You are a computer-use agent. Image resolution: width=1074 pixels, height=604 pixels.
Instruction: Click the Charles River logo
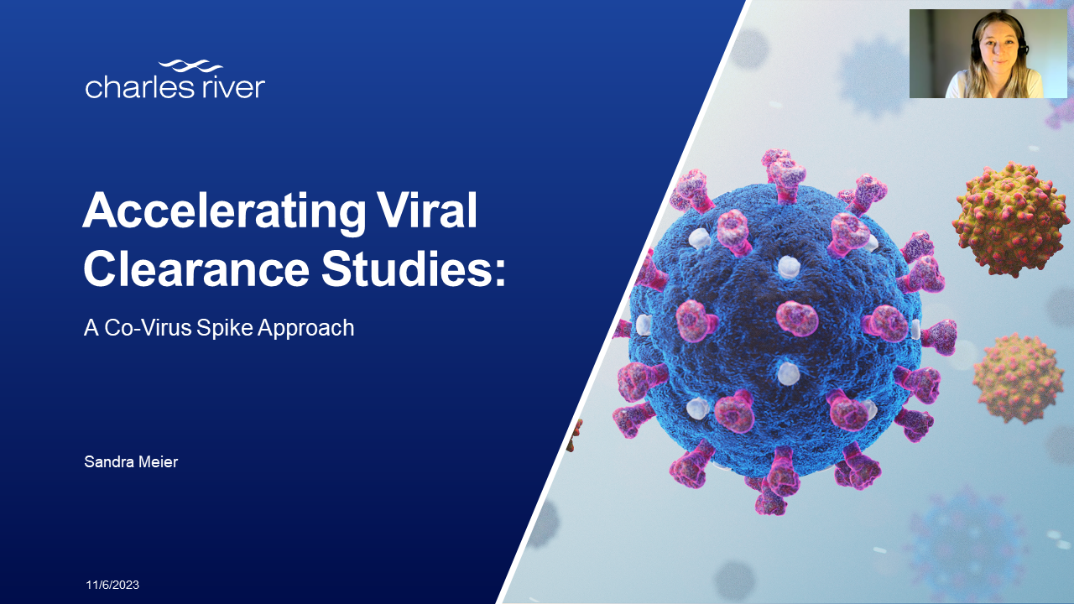[175, 80]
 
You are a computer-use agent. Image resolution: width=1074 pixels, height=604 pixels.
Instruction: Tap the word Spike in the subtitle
[224, 328]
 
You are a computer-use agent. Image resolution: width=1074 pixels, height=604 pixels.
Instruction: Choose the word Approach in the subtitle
[305, 328]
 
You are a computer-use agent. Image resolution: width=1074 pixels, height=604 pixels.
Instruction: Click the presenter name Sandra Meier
[131, 462]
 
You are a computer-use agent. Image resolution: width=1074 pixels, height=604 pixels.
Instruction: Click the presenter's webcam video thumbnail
[988, 54]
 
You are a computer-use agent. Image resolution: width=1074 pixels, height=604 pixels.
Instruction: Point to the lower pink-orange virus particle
[1018, 377]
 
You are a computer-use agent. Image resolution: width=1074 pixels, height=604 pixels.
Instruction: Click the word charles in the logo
[134, 86]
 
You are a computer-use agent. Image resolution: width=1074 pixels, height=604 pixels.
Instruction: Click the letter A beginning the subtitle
[91, 328]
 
